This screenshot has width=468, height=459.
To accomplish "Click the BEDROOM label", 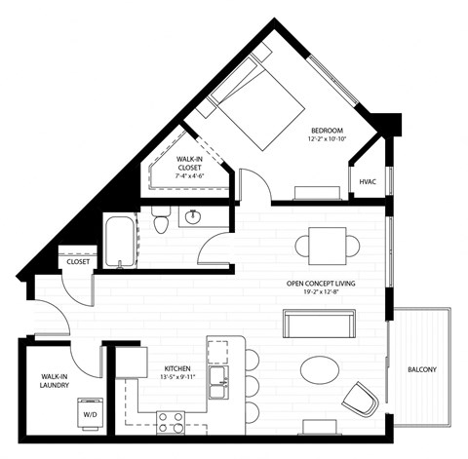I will [x=326, y=130].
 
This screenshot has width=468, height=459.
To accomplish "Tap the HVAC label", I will [x=368, y=181].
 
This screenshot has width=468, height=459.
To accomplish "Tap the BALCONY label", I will [x=422, y=369].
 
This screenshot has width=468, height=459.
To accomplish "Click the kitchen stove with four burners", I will [x=172, y=421].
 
